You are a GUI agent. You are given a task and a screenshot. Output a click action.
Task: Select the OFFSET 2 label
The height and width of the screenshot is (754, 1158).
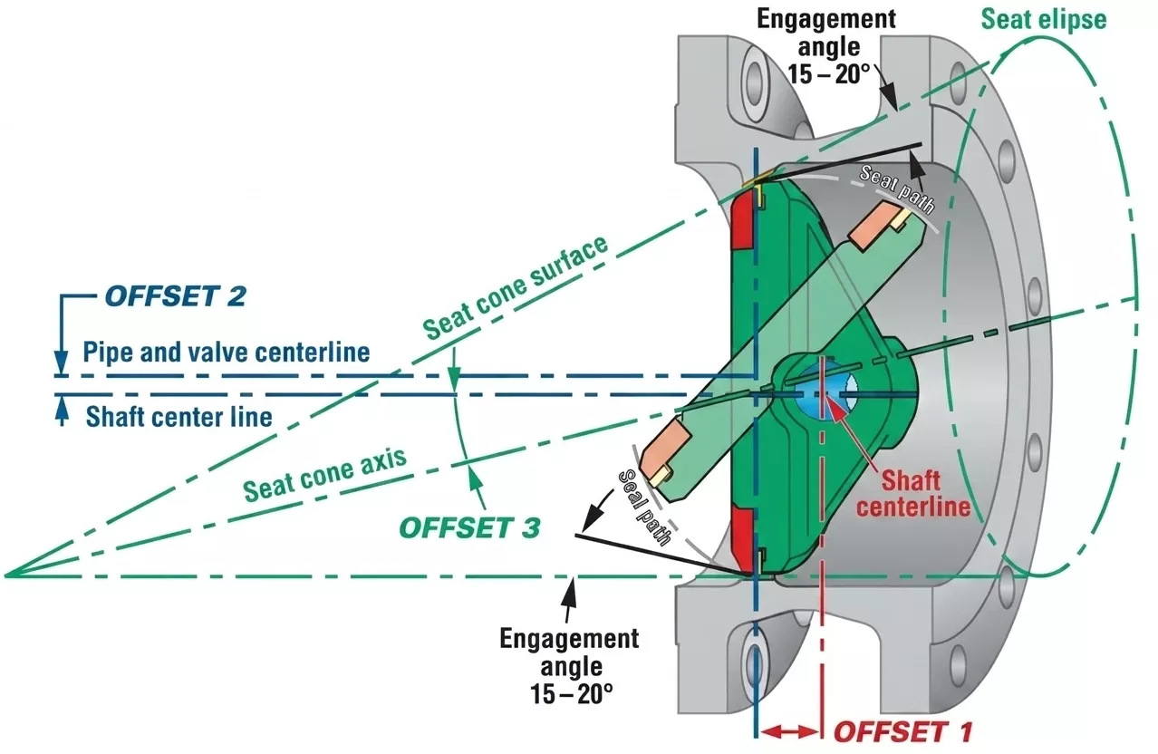pyautogui.click(x=175, y=296)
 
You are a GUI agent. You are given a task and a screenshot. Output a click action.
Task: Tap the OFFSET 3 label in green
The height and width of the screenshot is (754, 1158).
pyautogui.click(x=469, y=527)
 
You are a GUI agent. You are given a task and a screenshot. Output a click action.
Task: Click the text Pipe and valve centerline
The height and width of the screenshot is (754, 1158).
pyautogui.click(x=227, y=352)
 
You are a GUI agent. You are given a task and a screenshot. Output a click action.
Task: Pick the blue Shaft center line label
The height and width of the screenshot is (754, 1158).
pyautogui.click(x=179, y=417)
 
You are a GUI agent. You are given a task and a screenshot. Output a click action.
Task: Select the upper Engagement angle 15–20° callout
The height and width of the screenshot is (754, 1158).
pyautogui.click(x=825, y=44)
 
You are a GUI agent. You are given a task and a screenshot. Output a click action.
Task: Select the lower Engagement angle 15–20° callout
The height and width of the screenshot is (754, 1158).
pyautogui.click(x=568, y=667)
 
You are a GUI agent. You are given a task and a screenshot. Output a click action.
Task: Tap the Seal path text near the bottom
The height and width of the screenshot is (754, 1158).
pyautogui.click(x=644, y=507)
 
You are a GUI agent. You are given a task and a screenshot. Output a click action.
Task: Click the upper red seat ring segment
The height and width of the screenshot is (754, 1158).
pyautogui.click(x=743, y=223)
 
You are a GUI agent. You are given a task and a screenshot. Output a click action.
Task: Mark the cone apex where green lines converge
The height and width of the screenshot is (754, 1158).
pyautogui.click(x=7, y=575)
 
